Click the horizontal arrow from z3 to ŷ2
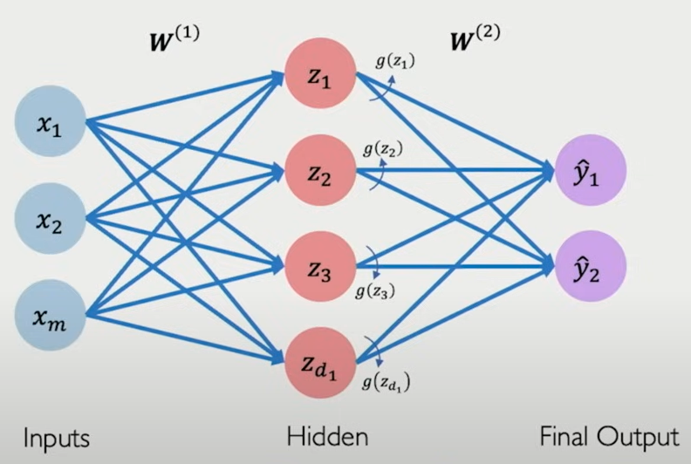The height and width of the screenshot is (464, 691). point(454,266)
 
